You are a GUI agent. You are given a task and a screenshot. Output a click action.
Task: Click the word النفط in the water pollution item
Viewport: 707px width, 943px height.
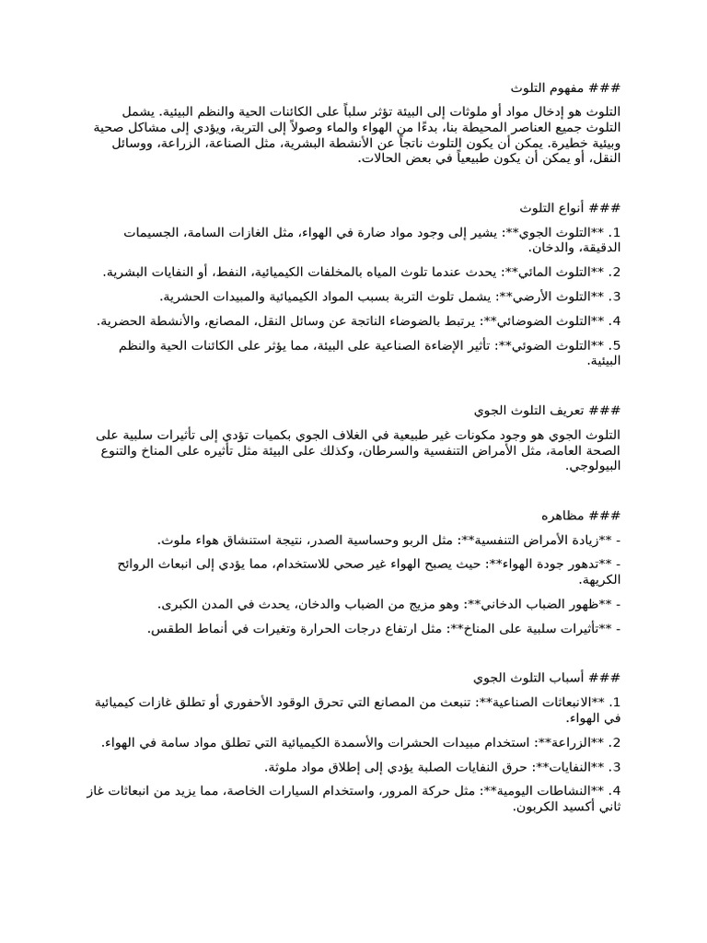(230, 273)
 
